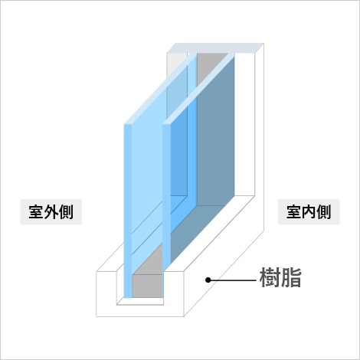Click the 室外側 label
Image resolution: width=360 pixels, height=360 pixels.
[x=51, y=212]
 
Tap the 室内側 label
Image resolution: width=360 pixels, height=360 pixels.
[x=309, y=212]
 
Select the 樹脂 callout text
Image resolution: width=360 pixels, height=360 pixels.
[x=280, y=278]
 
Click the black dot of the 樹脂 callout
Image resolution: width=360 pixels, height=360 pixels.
[x=208, y=280]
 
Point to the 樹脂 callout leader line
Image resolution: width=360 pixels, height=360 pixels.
[x=232, y=280]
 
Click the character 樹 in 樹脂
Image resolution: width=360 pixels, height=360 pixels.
[x=270, y=278]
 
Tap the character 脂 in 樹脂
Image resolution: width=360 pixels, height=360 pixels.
[x=291, y=278]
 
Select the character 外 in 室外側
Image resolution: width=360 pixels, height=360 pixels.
[x=51, y=212]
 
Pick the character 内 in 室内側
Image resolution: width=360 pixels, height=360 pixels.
[x=309, y=212]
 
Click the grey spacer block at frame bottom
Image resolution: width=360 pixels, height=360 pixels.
[x=147, y=286]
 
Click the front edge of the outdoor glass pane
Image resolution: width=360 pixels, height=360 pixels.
[x=128, y=211]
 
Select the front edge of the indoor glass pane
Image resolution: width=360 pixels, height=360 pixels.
[x=166, y=198]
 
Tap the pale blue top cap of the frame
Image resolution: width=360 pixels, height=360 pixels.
[x=219, y=48]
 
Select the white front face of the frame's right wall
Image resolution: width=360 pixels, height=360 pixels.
[x=174, y=294]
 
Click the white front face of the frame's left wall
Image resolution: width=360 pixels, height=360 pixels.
[x=106, y=294]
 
